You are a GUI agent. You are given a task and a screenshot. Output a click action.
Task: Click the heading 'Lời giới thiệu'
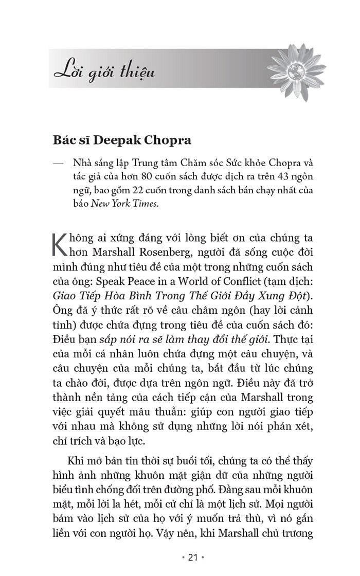click(104, 73)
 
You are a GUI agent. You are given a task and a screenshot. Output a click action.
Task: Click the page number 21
click(179, 558)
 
